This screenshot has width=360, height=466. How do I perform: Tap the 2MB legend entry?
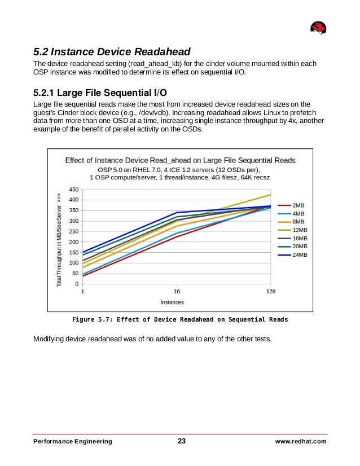(298, 206)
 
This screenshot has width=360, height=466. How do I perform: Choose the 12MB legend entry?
(300, 230)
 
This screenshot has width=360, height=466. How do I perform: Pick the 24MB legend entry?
(300, 255)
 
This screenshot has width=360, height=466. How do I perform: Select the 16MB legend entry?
(300, 239)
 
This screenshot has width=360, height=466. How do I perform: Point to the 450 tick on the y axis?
(73, 190)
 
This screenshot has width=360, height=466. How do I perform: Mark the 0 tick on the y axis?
(77, 284)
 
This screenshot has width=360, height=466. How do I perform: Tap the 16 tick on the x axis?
(177, 292)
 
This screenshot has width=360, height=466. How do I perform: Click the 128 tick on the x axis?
(271, 292)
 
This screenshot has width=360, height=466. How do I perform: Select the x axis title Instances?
(172, 302)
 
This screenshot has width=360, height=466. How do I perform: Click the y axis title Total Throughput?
(59, 240)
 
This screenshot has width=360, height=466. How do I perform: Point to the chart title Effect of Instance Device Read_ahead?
(180, 160)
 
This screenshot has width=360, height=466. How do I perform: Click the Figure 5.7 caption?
(180, 319)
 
